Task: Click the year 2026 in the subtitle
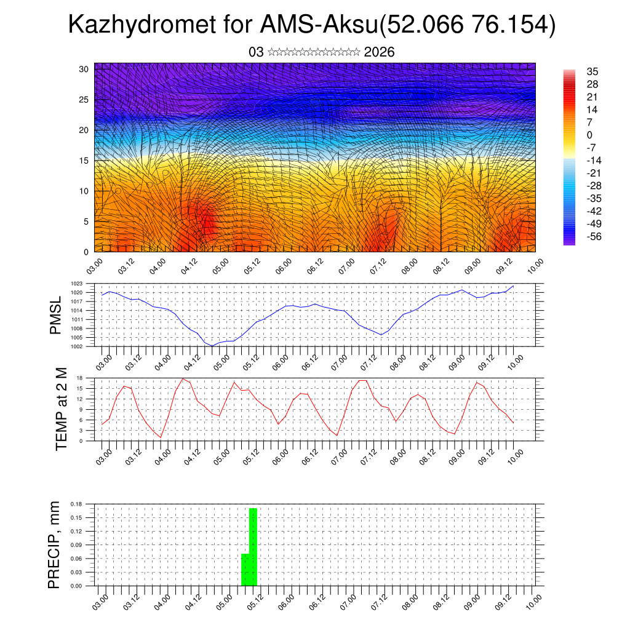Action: pos(379,52)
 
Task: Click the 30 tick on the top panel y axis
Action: pos(84,69)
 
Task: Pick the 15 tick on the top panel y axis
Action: pos(84,161)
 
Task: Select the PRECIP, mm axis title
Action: pos(55,544)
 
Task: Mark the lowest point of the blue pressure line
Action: pos(212,346)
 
